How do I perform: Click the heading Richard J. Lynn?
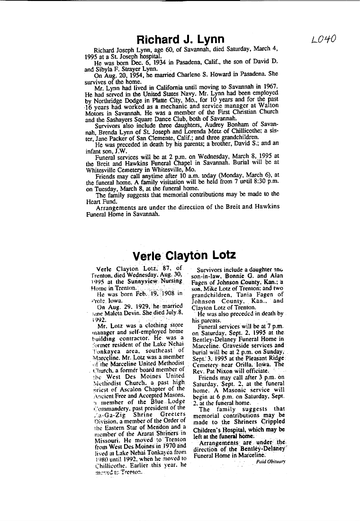(x=180, y=39)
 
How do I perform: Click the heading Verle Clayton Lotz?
(x=184, y=256)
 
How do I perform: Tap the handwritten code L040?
(x=324, y=39)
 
